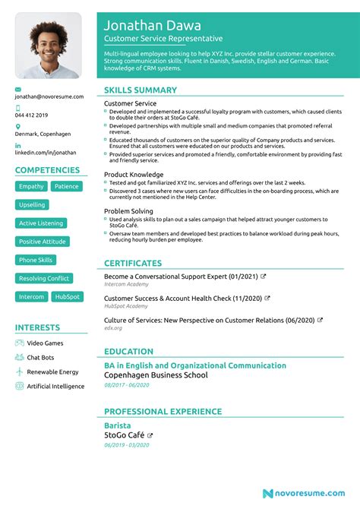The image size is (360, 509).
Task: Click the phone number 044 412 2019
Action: pos(32,115)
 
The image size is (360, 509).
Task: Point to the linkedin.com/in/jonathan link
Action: pos(46,152)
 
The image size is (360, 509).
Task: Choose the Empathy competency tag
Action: pos(31,186)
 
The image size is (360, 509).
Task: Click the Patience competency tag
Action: pos(66,186)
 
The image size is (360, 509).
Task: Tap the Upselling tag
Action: pos(32,205)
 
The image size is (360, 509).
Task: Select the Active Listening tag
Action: pos(41,223)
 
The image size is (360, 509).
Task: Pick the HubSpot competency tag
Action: pos(67,297)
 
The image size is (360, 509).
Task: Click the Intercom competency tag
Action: pos(32,297)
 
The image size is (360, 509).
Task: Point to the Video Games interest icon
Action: pos(19,343)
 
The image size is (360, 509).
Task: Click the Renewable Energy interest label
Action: pos(52,372)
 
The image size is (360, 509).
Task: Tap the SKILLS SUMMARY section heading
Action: pos(141,90)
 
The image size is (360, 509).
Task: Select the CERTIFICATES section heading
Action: pos(137,263)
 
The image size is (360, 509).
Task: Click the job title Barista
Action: pos(117,425)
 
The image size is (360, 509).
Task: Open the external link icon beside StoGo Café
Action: pos(150,435)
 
